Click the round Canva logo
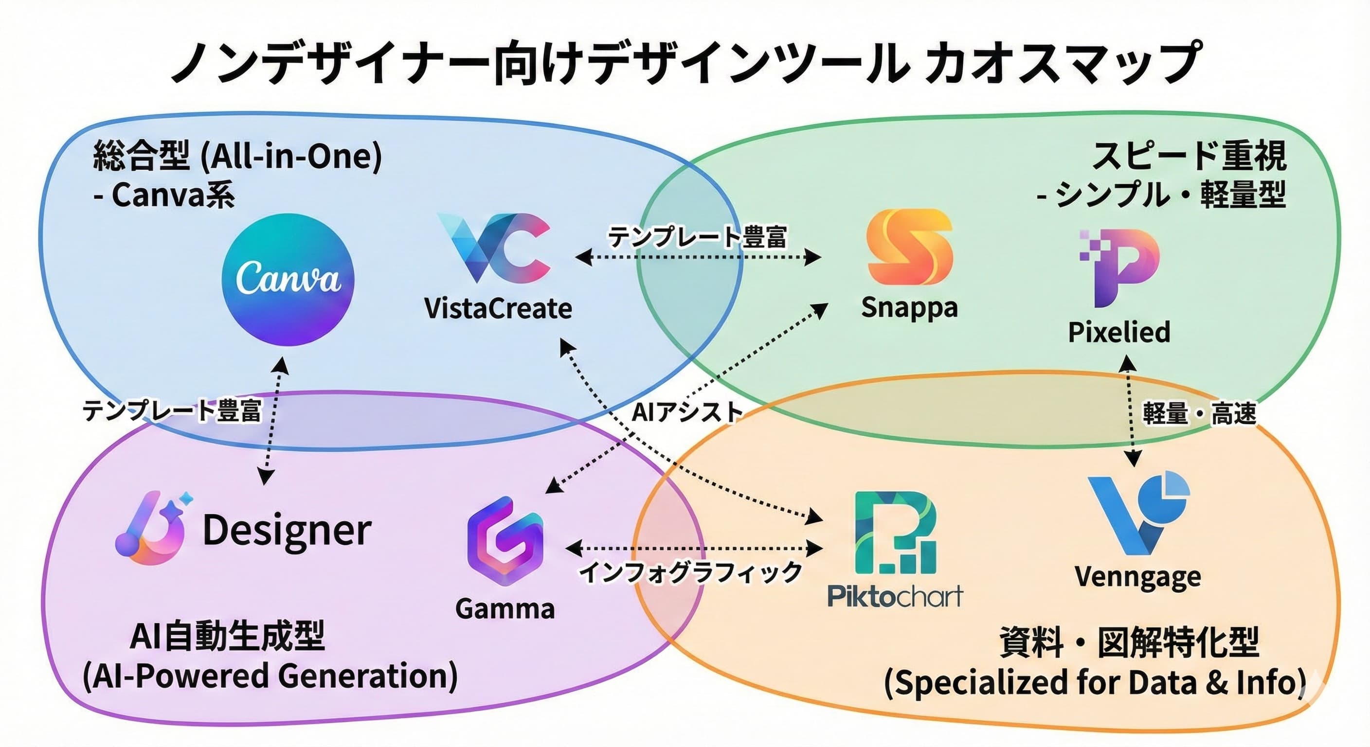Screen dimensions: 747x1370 (x=288, y=279)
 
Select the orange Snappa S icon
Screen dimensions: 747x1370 (x=909, y=248)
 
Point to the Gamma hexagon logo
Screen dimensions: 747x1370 (x=505, y=541)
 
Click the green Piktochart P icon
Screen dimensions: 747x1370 (x=895, y=534)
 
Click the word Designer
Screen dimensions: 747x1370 (x=287, y=530)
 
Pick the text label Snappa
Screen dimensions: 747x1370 (x=909, y=308)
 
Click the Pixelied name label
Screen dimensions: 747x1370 (x=1119, y=332)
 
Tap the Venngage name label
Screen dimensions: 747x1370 (x=1137, y=576)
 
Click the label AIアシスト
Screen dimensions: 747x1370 (x=686, y=412)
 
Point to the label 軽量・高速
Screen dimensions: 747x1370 (x=1199, y=414)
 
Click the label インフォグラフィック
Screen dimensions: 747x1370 (x=690, y=572)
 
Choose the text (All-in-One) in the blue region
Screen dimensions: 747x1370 (x=291, y=157)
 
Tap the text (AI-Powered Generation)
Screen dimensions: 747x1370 (x=270, y=676)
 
